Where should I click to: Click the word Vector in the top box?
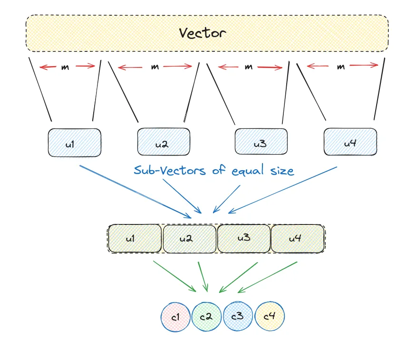(203, 33)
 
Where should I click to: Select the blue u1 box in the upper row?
(74, 143)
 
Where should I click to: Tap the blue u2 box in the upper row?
(164, 142)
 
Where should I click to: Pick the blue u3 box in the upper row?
(261, 142)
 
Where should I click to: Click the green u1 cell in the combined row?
(135, 238)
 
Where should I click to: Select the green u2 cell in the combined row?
(190, 238)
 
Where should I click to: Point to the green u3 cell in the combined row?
(244, 238)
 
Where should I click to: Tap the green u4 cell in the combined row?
(298, 238)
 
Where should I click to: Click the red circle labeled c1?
(176, 316)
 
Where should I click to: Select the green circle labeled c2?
(206, 316)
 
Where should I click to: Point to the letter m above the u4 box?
(341, 67)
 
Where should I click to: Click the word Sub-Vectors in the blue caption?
(169, 170)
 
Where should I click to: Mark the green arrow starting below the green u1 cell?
(174, 276)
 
